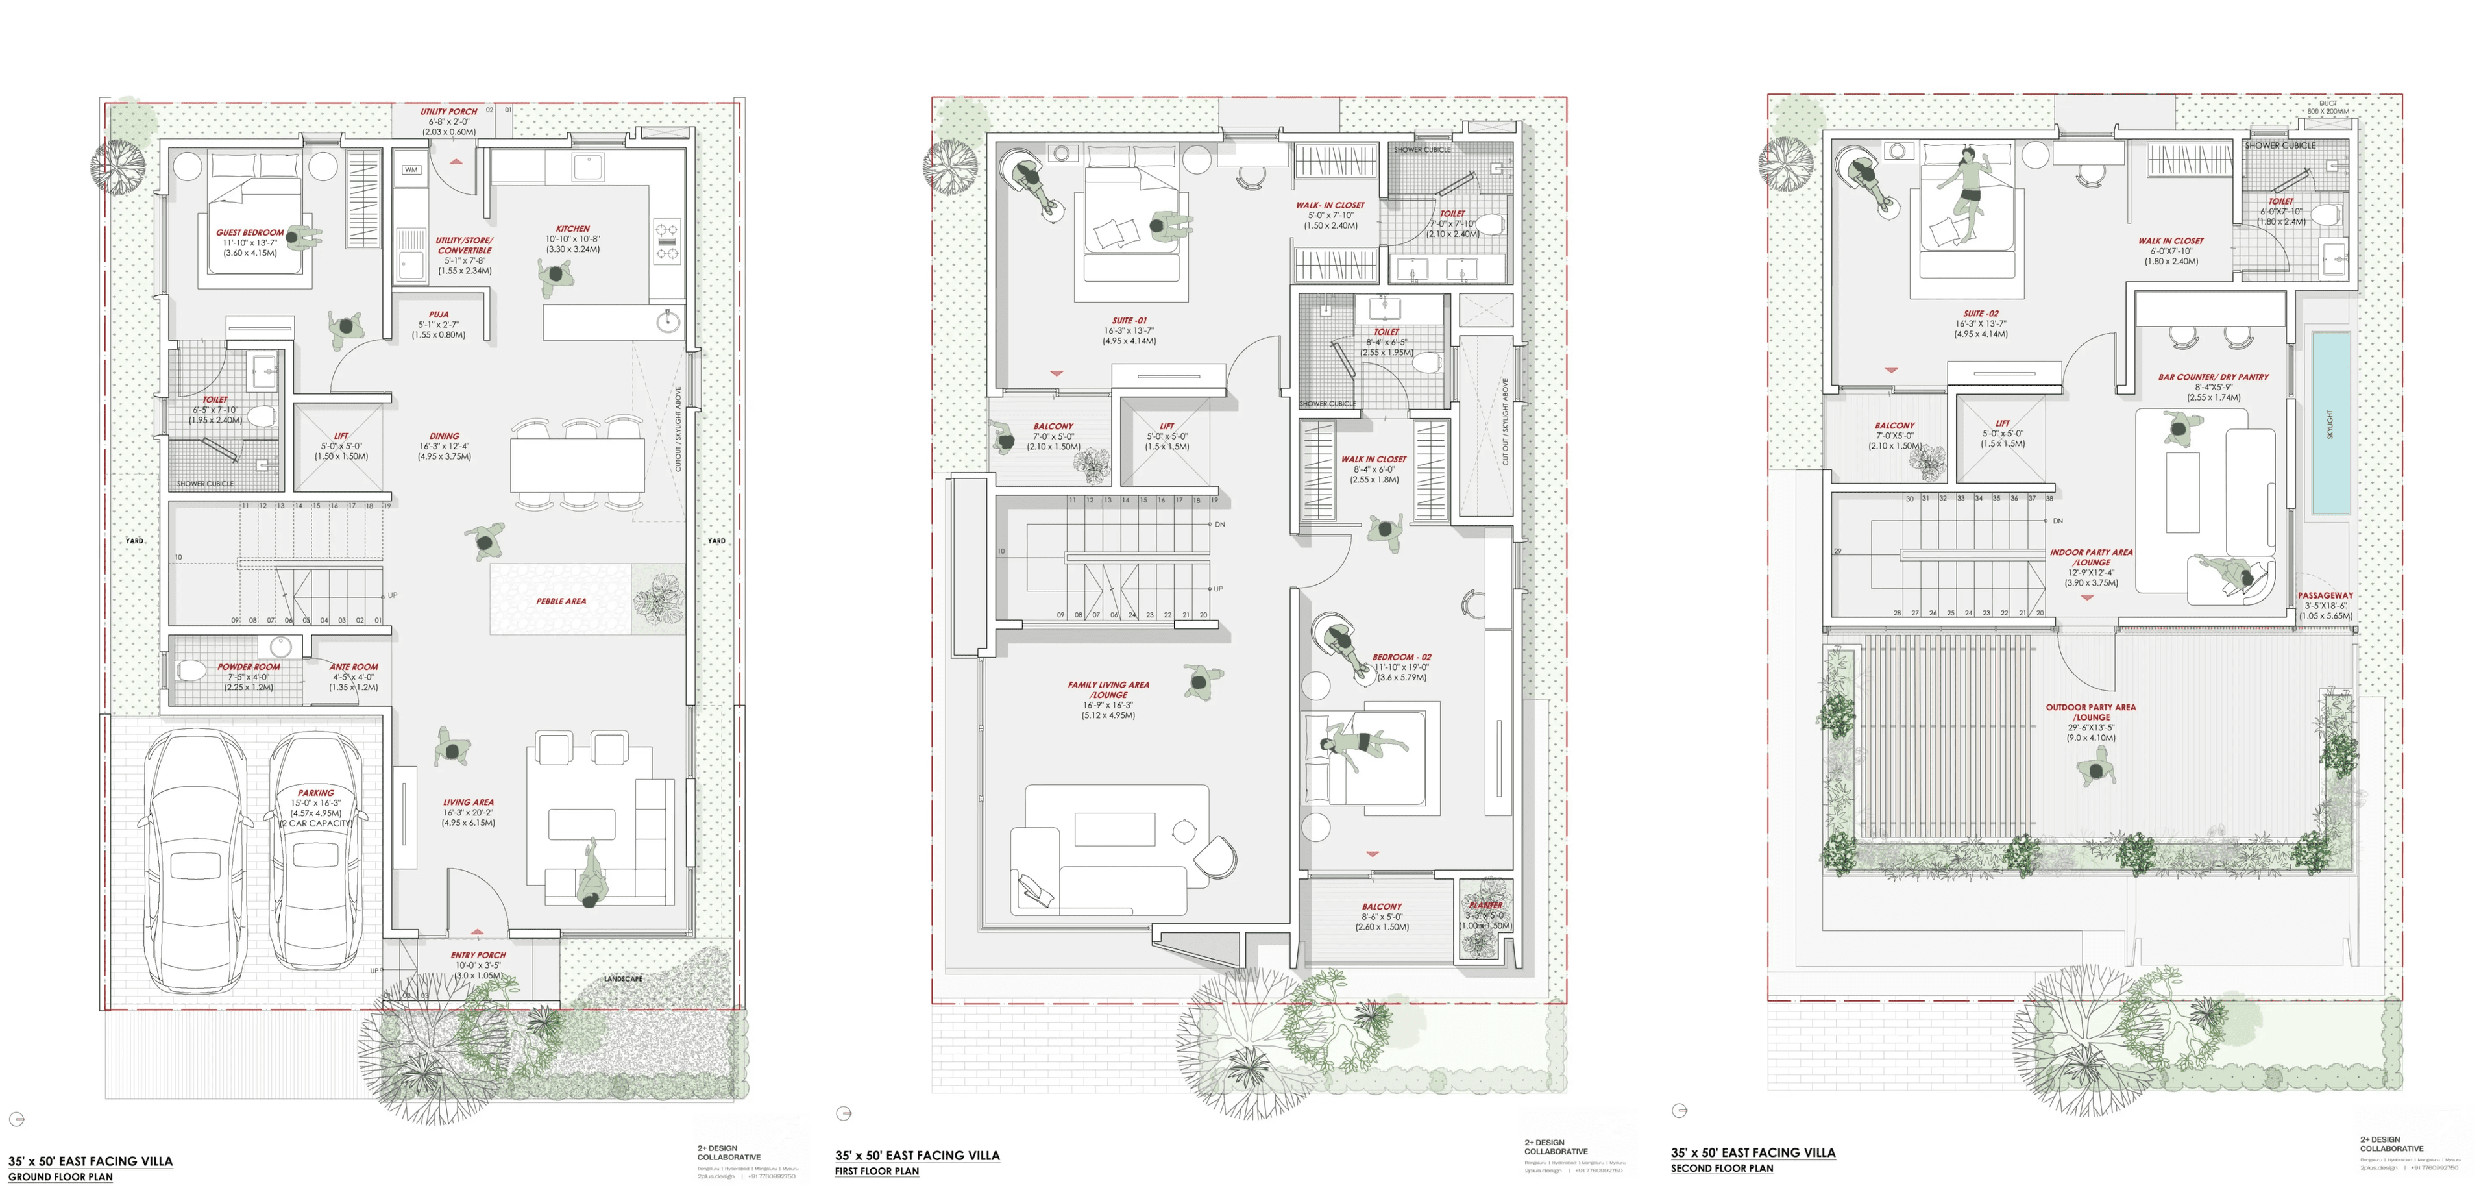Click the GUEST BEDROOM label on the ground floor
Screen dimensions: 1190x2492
(250, 232)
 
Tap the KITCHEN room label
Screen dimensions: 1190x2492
(572, 229)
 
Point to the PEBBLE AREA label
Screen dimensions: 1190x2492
(561, 601)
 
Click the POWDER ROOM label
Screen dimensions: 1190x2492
(249, 667)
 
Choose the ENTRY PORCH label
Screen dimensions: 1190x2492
(478, 955)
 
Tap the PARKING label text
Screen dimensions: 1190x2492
(315, 793)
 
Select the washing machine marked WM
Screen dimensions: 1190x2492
(411, 170)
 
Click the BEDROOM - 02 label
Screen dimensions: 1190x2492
(1401, 657)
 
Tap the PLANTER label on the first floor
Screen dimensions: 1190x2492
(1485, 906)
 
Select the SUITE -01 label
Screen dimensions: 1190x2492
(1129, 320)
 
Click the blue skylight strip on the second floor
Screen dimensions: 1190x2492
(2330, 423)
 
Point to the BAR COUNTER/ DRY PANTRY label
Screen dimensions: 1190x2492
(2212, 377)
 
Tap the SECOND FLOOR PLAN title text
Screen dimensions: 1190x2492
(1721, 1169)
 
